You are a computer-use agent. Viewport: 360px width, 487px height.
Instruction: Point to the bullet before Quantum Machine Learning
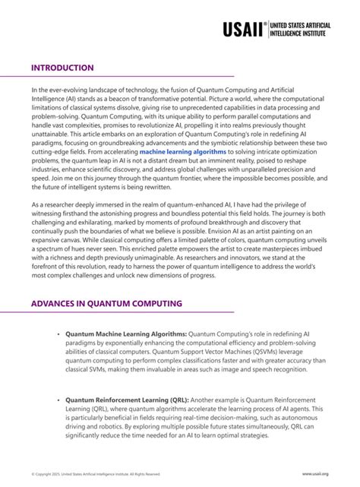(58, 333)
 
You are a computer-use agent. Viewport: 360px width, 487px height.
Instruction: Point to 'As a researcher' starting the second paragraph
(54, 206)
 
